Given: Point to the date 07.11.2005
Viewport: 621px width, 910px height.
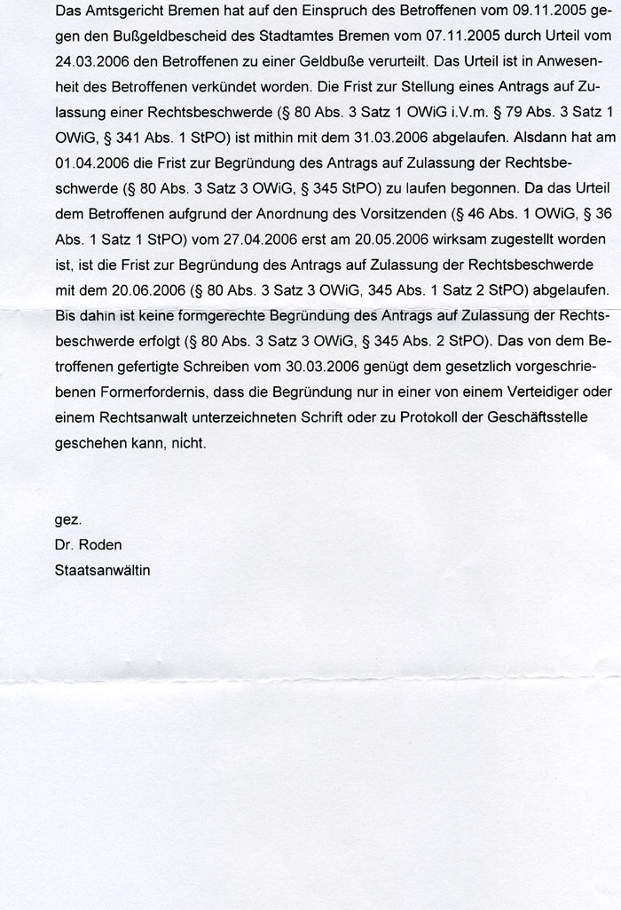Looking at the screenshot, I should pyautogui.click(x=423, y=39).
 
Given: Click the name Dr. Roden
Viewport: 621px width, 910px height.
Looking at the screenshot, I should pyautogui.click(x=89, y=545).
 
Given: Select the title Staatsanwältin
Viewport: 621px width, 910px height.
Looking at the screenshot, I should pyautogui.click(x=102, y=570).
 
